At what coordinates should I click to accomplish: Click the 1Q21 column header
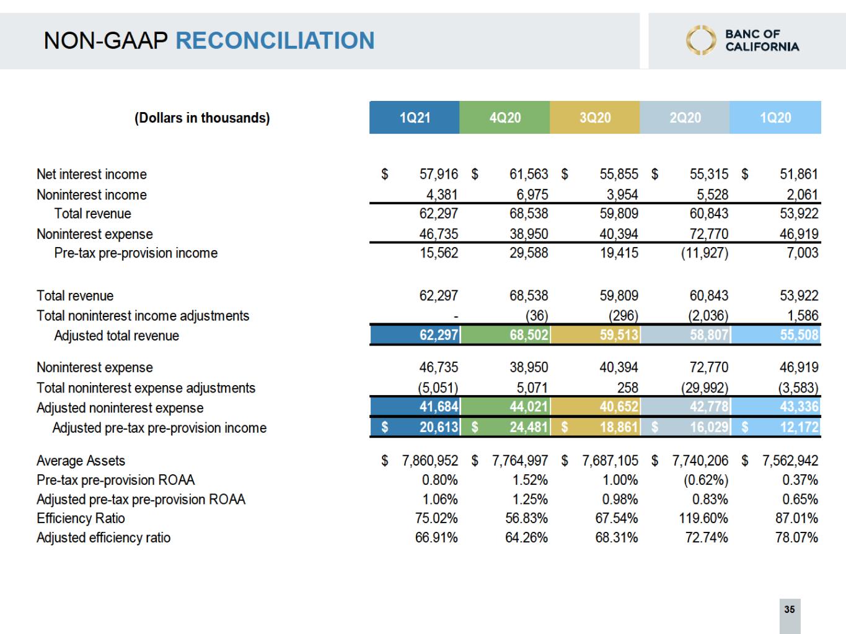pyautogui.click(x=414, y=118)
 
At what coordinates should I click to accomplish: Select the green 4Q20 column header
pyautogui.click(x=505, y=118)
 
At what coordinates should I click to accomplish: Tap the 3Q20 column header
pyautogui.click(x=594, y=118)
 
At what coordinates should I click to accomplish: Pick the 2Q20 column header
pyautogui.click(x=685, y=118)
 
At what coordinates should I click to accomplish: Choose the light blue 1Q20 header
pyautogui.click(x=775, y=118)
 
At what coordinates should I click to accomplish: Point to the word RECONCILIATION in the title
pyautogui.click(x=275, y=41)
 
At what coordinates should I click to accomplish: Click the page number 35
pyautogui.click(x=789, y=609)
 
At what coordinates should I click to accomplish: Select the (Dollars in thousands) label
pyautogui.click(x=202, y=118)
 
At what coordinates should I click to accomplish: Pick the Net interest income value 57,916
pyautogui.click(x=438, y=175)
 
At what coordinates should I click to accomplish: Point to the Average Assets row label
pyautogui.click(x=81, y=461)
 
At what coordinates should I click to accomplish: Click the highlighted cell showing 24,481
pyautogui.click(x=528, y=427)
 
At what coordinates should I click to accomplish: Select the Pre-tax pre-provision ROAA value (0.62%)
pyautogui.click(x=705, y=480)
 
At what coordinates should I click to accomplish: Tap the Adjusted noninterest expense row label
pyautogui.click(x=120, y=408)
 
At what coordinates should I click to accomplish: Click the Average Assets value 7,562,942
pyautogui.click(x=790, y=461)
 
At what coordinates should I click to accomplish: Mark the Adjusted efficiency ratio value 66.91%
pyautogui.click(x=436, y=537)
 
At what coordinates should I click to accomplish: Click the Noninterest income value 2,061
pyautogui.click(x=802, y=194)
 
